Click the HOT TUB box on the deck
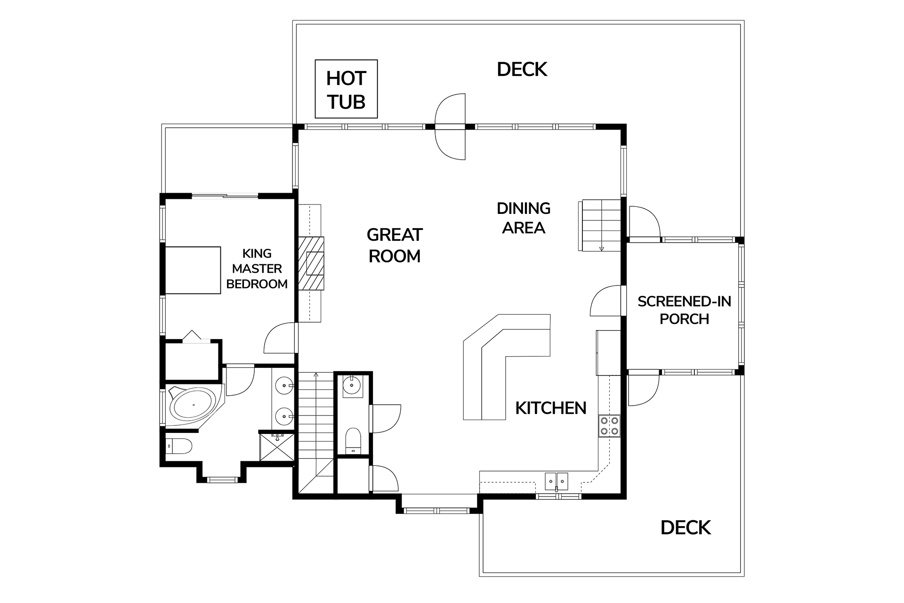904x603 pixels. click(x=346, y=89)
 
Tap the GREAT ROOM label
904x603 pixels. click(x=395, y=245)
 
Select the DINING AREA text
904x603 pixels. click(x=524, y=218)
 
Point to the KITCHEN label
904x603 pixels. click(x=551, y=408)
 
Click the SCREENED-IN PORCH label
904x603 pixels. click(x=685, y=310)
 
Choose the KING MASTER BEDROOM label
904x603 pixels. click(x=257, y=269)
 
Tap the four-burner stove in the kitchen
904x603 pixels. click(x=610, y=426)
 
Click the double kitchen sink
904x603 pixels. click(x=557, y=481)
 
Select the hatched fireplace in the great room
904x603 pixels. click(x=311, y=263)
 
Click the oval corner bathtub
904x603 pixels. click(x=194, y=405)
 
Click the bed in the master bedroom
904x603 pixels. click(x=193, y=270)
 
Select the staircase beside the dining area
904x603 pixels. click(x=600, y=225)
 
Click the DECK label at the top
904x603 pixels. click(x=522, y=70)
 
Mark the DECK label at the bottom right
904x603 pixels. click(x=686, y=528)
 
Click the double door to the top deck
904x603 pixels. click(x=450, y=126)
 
